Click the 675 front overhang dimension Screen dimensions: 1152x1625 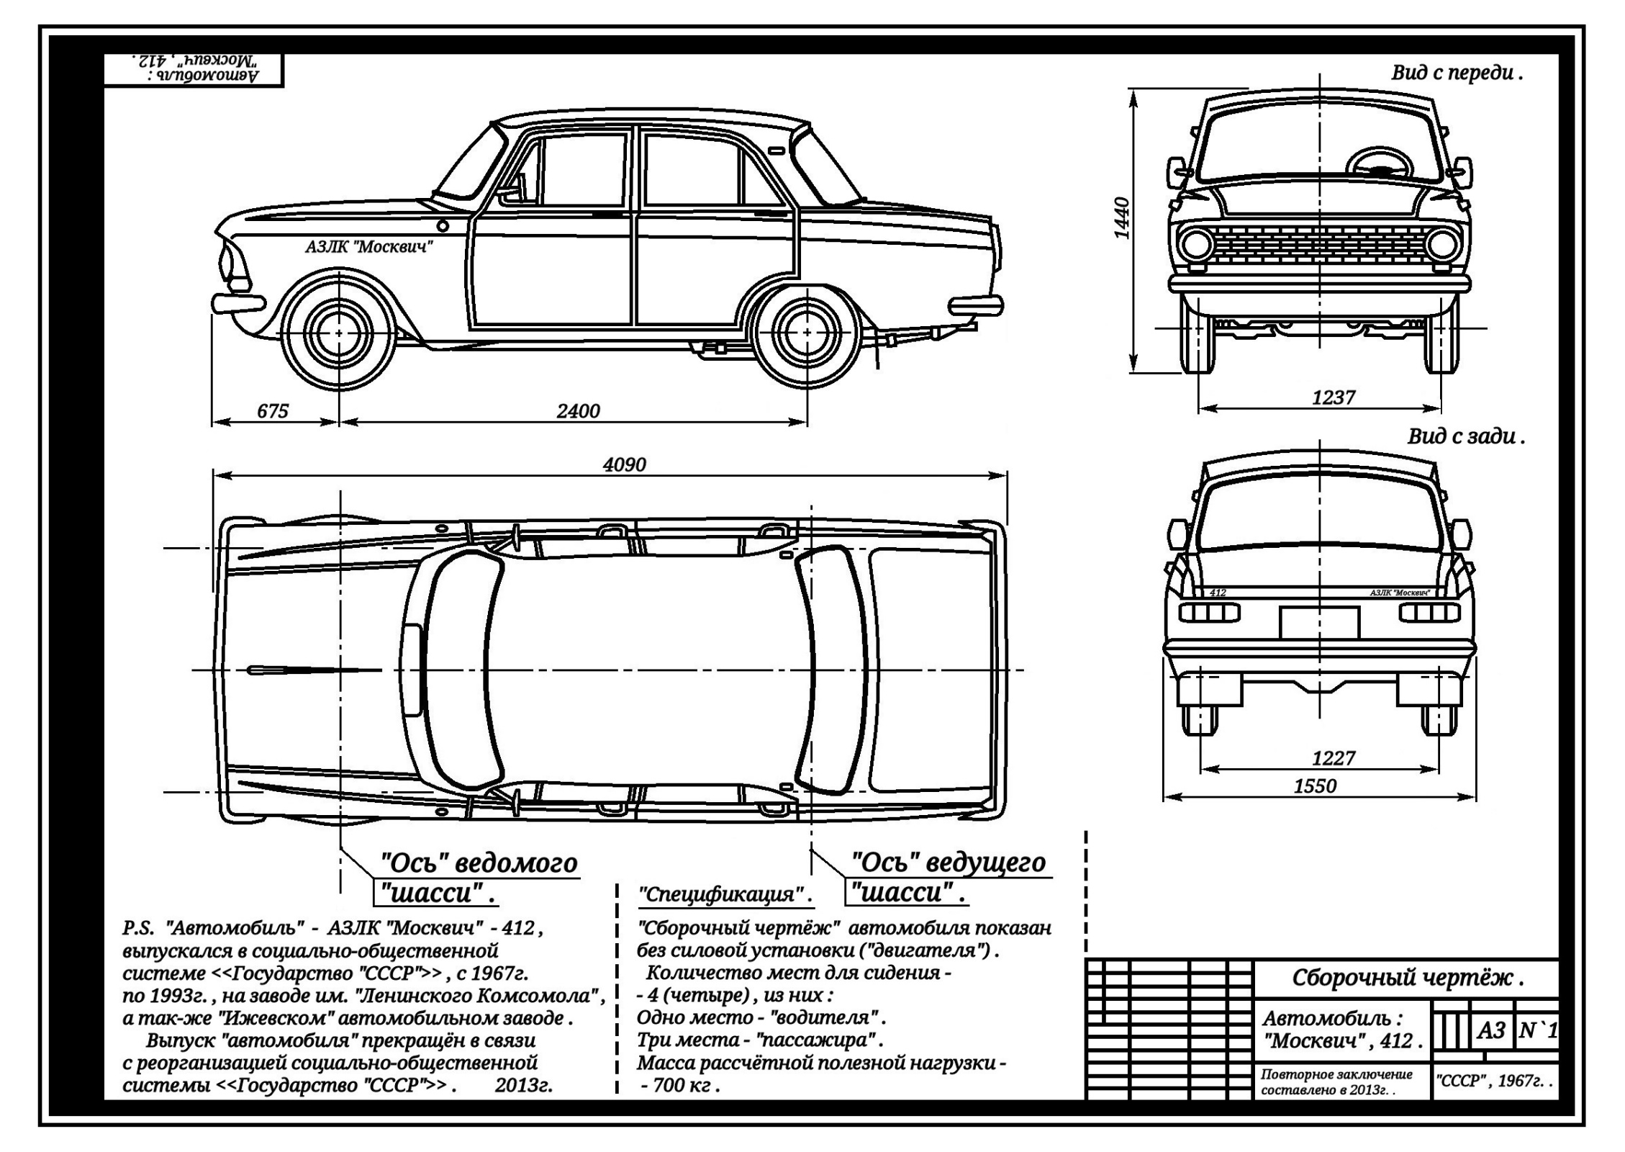point(272,411)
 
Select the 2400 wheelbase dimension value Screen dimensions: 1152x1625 point(578,411)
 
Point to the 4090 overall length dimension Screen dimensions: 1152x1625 point(624,464)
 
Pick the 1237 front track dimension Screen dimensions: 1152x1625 point(1333,397)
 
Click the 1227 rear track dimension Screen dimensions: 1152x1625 point(1333,758)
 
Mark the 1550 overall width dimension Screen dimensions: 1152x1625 point(1315,786)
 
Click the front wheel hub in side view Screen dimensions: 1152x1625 point(338,333)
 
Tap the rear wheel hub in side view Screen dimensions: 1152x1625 point(807,333)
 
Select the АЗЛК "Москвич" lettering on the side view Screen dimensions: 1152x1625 point(368,248)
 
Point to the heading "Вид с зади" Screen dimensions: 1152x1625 point(1465,437)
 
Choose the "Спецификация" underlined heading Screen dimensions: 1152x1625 point(725,896)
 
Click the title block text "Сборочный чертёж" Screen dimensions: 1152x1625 point(1407,978)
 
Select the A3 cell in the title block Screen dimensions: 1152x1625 point(1492,1031)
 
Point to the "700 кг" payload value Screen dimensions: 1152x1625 point(682,1085)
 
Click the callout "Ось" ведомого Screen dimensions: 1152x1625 point(479,863)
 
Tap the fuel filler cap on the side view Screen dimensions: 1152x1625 point(443,226)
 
